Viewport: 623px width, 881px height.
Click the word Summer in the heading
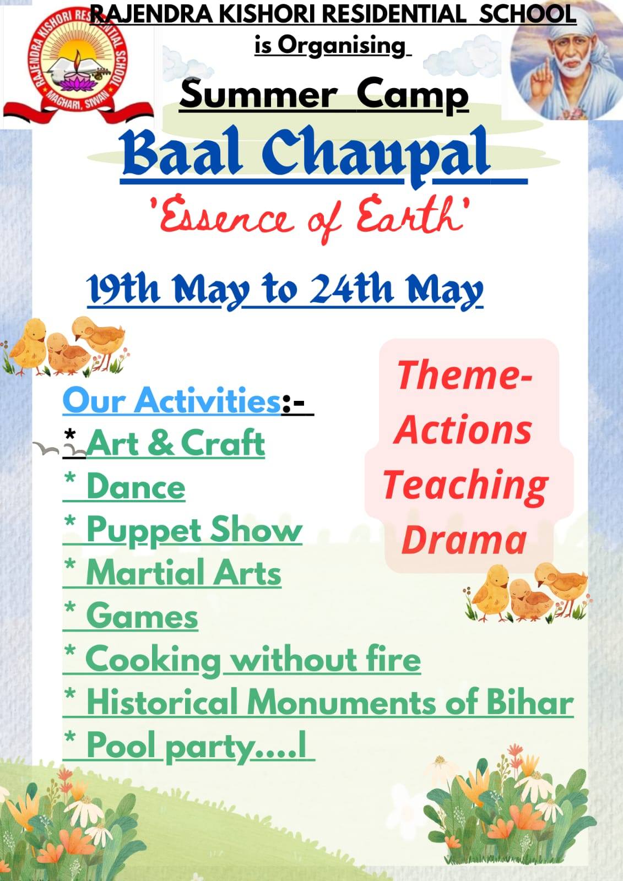click(x=259, y=94)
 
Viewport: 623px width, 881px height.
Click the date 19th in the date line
click(x=123, y=289)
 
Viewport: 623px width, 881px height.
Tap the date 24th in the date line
click(x=351, y=289)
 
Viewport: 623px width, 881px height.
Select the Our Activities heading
click(x=172, y=401)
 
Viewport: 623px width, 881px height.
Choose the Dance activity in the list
click(x=136, y=487)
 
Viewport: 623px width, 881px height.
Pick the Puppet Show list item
click(x=194, y=531)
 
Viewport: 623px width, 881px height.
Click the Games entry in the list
click(x=142, y=616)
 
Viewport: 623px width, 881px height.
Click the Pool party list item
click(x=196, y=747)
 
